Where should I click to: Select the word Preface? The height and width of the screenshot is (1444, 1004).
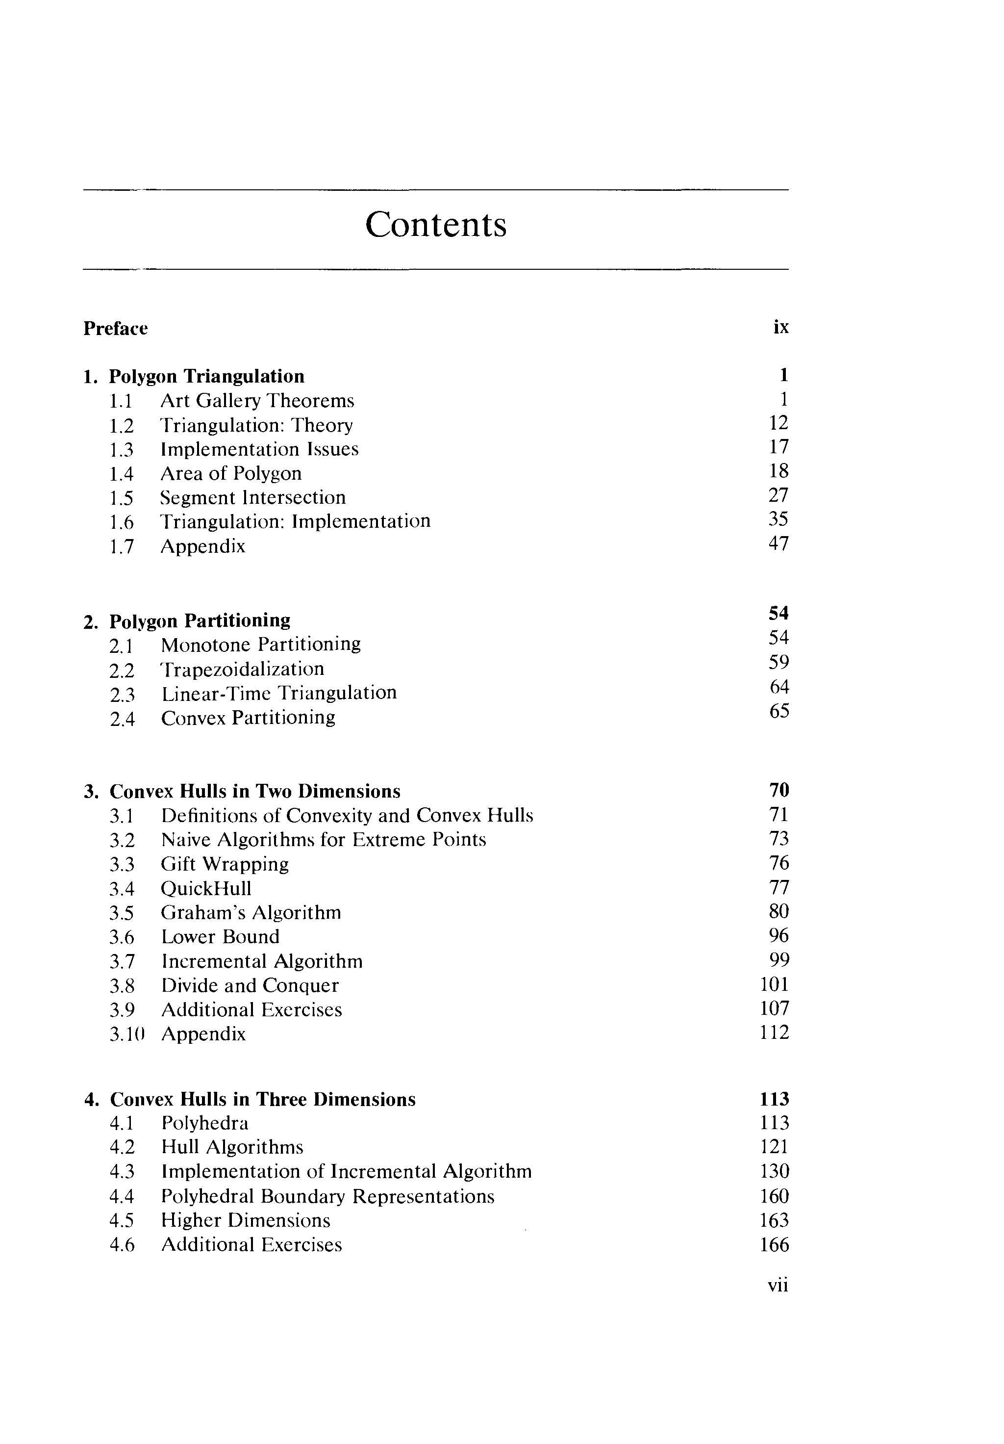(116, 328)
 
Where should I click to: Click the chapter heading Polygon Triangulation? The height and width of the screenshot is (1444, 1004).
(206, 376)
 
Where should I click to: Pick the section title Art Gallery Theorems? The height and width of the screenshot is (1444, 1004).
(257, 401)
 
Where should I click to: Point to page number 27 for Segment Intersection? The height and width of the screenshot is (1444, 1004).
(778, 495)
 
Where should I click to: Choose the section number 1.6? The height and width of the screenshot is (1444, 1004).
(122, 522)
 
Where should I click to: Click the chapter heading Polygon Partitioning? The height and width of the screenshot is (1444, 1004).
(200, 621)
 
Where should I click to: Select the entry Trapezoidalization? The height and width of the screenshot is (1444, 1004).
(243, 669)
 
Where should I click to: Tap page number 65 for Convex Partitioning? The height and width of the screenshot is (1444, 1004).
(779, 711)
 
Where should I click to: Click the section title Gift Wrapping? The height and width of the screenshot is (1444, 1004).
(225, 864)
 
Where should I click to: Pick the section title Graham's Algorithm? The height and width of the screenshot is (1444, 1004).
(251, 913)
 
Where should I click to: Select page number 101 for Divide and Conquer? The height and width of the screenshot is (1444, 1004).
(774, 984)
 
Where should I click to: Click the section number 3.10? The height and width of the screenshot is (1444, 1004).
(127, 1034)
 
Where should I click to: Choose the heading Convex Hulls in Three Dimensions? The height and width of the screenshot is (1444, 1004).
(262, 1099)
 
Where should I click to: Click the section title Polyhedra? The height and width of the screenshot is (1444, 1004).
(204, 1123)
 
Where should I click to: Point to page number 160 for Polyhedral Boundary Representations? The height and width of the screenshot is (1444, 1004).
(774, 1196)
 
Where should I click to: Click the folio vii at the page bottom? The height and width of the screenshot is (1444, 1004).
(778, 1286)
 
